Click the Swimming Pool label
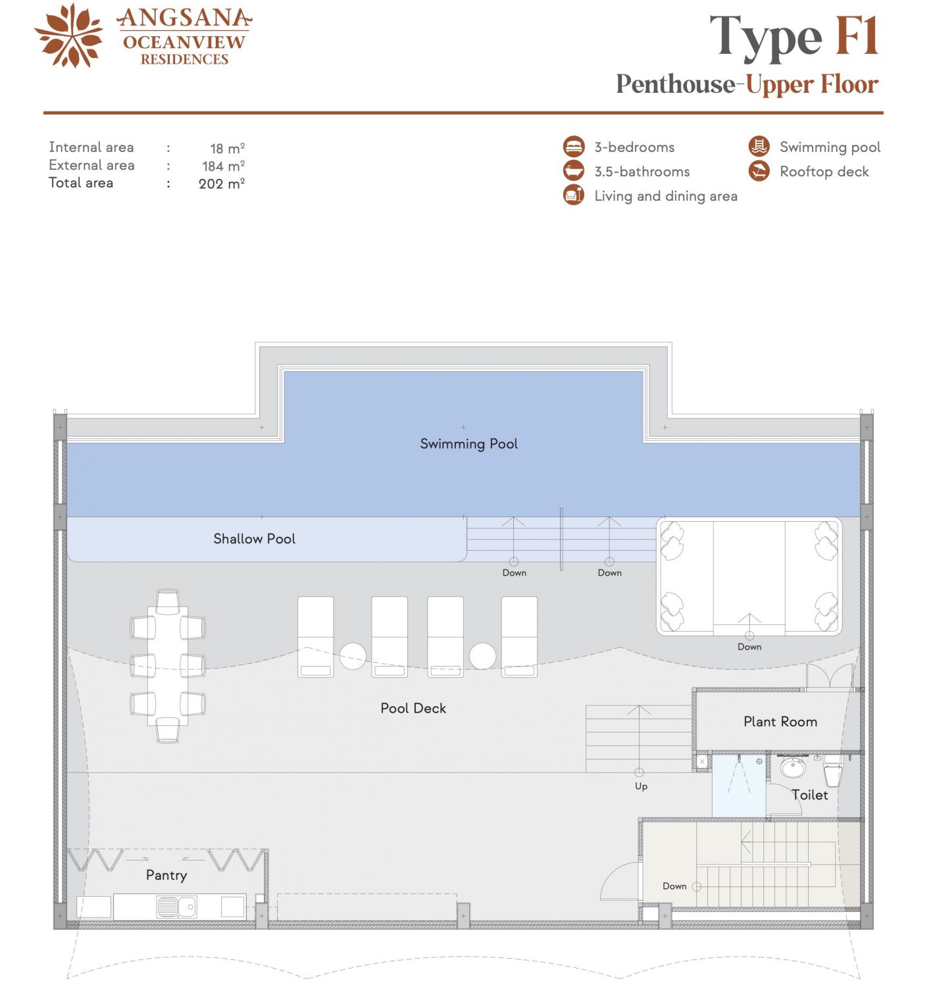pos(468,443)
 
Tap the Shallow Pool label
pos(254,539)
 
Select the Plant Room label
pos(780,721)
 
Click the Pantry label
pos(166,875)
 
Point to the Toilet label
pos(809,795)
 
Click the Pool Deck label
pos(413,708)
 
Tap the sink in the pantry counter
pos(176,907)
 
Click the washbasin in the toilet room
pos(793,768)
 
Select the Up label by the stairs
pos(641,786)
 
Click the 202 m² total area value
pos(222,183)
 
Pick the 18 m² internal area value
pos(227,148)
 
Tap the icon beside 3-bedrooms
pos(574,147)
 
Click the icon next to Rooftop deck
pos(759,171)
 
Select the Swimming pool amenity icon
pos(759,147)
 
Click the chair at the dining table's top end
pos(167,601)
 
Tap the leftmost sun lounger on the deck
pos(315,636)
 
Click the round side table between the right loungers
pos(482,656)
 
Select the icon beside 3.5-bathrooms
pos(574,170)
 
